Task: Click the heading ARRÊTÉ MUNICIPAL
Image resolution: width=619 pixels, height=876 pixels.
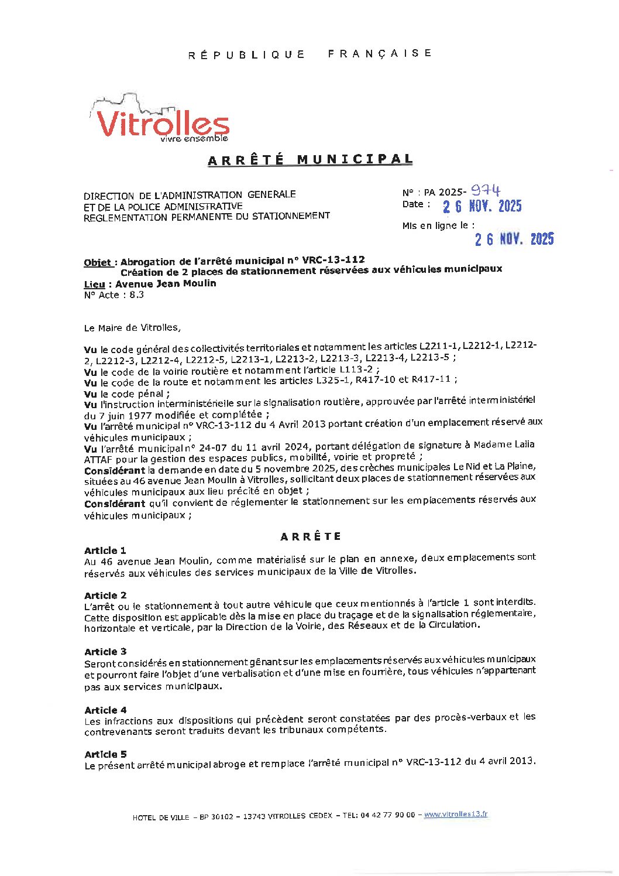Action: point(310,160)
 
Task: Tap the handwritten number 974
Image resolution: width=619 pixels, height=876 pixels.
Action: point(486,190)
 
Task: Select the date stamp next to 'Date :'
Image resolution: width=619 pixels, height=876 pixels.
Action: point(482,206)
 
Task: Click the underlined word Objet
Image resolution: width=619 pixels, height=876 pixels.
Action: point(97,262)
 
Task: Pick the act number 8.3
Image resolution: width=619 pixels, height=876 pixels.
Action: point(136,295)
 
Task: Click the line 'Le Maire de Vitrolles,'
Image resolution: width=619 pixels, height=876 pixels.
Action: point(132,328)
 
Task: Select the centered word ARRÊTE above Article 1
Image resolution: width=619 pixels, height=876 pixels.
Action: point(311,536)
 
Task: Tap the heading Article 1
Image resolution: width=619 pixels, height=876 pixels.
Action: point(105,550)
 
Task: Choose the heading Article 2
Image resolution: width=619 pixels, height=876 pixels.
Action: point(105,596)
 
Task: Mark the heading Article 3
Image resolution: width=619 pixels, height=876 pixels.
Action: point(105,652)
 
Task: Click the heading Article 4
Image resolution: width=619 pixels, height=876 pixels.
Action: point(105,710)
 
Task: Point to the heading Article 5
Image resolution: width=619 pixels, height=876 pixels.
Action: point(105,754)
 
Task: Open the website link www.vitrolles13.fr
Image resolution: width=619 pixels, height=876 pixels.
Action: point(455,815)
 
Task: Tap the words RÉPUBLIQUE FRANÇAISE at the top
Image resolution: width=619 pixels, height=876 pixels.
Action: point(310,54)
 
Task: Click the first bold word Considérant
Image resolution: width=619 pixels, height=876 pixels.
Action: point(115,471)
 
